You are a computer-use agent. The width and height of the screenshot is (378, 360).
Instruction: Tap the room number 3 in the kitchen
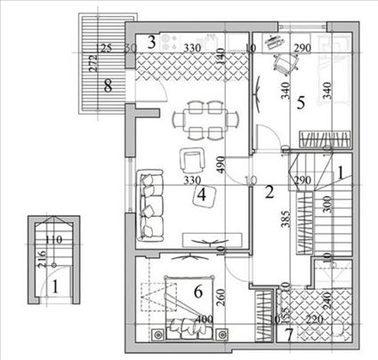coord(152,40)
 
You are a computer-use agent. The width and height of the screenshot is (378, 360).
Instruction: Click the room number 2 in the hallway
coord(268,188)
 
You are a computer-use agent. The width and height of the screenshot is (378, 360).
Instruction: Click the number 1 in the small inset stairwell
coord(55,286)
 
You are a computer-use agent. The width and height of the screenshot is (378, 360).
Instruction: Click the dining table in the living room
coord(205,120)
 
